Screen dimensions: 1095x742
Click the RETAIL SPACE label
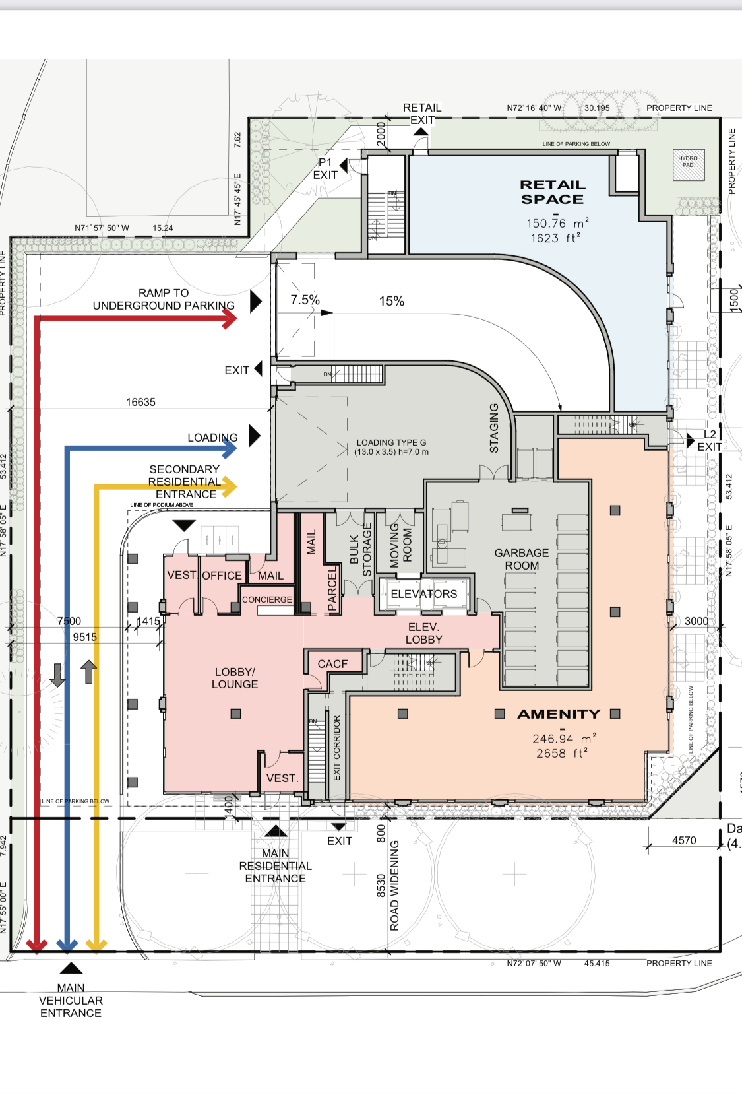(x=552, y=192)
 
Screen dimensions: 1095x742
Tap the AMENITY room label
(x=559, y=714)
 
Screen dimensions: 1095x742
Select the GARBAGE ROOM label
(x=522, y=559)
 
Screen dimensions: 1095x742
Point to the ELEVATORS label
(x=423, y=594)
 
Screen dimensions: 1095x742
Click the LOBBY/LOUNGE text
(x=235, y=678)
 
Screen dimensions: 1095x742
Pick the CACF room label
(x=332, y=664)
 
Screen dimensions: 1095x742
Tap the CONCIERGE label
(x=266, y=599)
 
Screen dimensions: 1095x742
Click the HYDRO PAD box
(x=688, y=162)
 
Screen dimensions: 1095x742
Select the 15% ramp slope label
(x=391, y=301)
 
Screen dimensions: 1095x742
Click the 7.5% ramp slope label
(x=305, y=300)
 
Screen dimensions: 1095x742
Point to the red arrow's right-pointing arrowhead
(x=230, y=319)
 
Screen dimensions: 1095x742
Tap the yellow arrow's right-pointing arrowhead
(x=230, y=488)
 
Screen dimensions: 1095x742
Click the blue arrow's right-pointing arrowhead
(x=230, y=449)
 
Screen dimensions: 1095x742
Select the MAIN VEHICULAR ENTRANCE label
(x=71, y=1000)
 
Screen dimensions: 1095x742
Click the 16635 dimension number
(x=140, y=402)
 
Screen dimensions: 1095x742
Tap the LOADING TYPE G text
(x=391, y=447)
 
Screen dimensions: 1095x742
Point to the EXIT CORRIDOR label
(x=336, y=748)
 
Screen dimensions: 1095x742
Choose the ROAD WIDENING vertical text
(x=394, y=885)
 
